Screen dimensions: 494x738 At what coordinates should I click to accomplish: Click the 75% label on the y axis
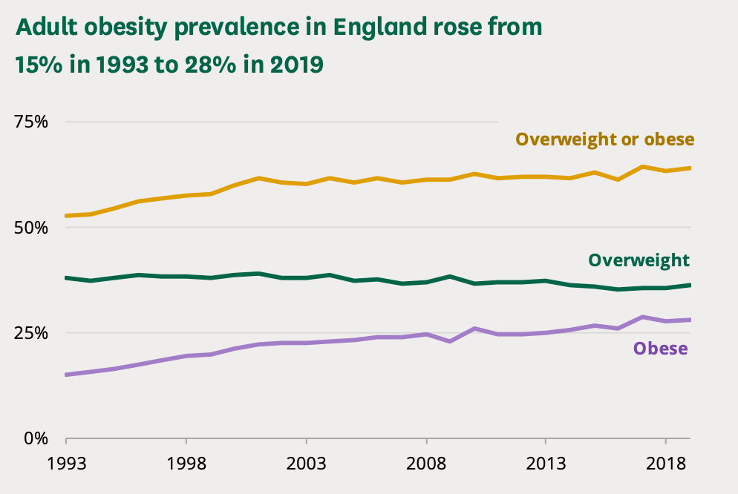point(32,122)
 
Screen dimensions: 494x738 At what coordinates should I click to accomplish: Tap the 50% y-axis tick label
point(32,227)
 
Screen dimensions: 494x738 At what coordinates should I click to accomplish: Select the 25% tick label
point(32,332)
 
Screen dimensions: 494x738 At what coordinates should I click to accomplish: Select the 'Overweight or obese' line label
point(605,139)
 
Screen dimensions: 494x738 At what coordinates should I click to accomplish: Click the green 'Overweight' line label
point(639,260)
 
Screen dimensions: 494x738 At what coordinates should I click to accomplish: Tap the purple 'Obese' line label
point(660,349)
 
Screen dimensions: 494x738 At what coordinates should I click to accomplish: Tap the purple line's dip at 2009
point(450,341)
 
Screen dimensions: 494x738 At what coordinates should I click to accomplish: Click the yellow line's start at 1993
point(66,216)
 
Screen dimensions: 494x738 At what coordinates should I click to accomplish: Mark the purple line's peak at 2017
point(642,317)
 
